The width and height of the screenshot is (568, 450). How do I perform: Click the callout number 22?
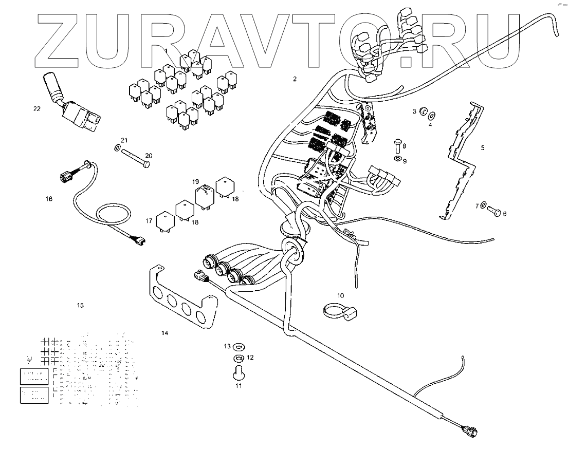click(x=36, y=109)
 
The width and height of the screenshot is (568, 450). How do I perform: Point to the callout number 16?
click(x=49, y=198)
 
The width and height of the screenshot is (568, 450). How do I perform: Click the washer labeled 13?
click(x=239, y=346)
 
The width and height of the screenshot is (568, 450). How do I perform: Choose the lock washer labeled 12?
click(x=238, y=358)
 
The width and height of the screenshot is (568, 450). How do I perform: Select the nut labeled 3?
click(x=423, y=111)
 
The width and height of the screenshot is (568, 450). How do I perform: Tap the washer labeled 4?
click(x=431, y=114)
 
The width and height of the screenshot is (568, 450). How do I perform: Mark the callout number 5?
click(x=482, y=148)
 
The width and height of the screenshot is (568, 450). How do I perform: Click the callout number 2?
click(x=295, y=79)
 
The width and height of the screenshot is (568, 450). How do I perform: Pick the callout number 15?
click(x=80, y=306)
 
